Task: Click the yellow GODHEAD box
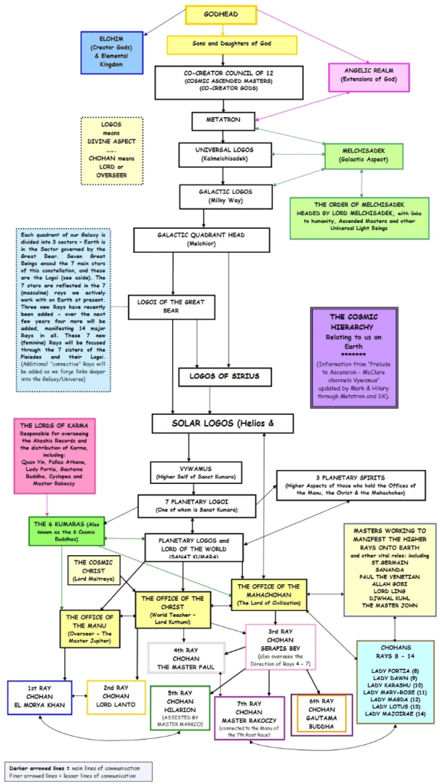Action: (219, 15)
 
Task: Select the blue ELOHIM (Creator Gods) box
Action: (112, 53)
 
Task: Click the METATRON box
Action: (222, 121)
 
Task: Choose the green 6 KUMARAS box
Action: (66, 531)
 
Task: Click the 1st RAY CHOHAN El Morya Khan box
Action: (41, 697)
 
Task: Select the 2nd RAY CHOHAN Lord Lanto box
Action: (116, 697)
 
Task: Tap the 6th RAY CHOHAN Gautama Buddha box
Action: (321, 714)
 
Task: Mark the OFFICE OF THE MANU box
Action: (90, 628)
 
